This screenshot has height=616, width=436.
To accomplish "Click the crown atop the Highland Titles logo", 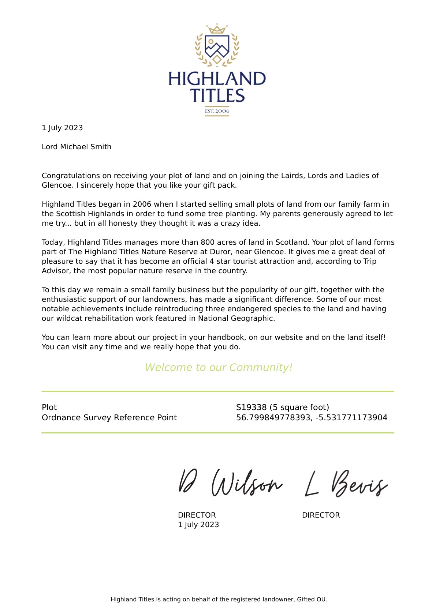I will (217, 29).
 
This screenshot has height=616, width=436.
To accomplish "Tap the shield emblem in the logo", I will (217, 46).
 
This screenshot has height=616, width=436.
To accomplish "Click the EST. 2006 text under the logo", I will (217, 111).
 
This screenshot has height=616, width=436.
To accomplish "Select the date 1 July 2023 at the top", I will (62, 128).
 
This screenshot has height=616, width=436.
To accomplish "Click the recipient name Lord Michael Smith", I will (77, 147).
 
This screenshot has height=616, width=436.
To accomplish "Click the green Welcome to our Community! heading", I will (218, 367).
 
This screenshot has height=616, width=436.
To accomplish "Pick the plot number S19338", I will (251, 407).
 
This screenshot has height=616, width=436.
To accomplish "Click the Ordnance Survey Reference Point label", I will (109, 417).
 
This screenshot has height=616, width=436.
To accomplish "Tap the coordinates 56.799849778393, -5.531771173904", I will (312, 417).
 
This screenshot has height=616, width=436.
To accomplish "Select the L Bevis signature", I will (346, 484).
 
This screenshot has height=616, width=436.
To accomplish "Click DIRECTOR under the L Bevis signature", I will (321, 515).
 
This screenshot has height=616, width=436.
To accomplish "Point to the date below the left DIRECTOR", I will (198, 525).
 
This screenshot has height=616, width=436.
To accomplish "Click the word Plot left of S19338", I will (49, 407).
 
